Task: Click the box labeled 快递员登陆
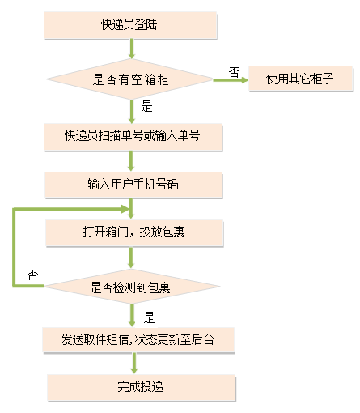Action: point(130,25)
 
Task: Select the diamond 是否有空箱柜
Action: point(130,79)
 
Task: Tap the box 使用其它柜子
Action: point(300,79)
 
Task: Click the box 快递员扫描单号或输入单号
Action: point(133,136)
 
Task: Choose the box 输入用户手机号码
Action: point(133,185)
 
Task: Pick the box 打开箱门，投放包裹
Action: point(134,232)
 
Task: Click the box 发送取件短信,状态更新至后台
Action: point(138,339)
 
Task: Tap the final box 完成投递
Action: point(142,387)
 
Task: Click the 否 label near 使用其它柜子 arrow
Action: point(234,72)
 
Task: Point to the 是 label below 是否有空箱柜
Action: point(146,106)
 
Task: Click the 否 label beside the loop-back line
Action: point(32,275)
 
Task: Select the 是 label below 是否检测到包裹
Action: point(149,317)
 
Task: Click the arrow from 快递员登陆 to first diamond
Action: point(132,49)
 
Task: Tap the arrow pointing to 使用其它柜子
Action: point(231,80)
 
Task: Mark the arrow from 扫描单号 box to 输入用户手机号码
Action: point(131,161)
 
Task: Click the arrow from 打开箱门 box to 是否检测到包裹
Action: point(131,258)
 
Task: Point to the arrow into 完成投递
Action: point(134,363)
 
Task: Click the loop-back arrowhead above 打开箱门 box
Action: point(124,209)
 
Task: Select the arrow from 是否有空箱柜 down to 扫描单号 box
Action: point(132,112)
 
